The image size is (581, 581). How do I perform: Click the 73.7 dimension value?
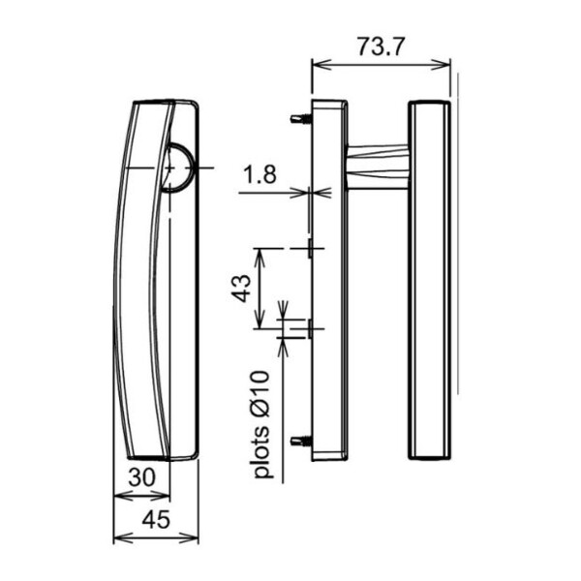tap(380, 47)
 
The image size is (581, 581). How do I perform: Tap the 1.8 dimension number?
tap(260, 174)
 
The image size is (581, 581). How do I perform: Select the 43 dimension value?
tap(241, 289)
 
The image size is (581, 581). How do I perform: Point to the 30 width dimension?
tap(142, 477)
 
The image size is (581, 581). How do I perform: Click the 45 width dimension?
tap(156, 519)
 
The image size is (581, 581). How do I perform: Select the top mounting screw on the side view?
tap(301, 119)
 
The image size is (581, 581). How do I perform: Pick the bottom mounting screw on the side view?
tap(301, 441)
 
